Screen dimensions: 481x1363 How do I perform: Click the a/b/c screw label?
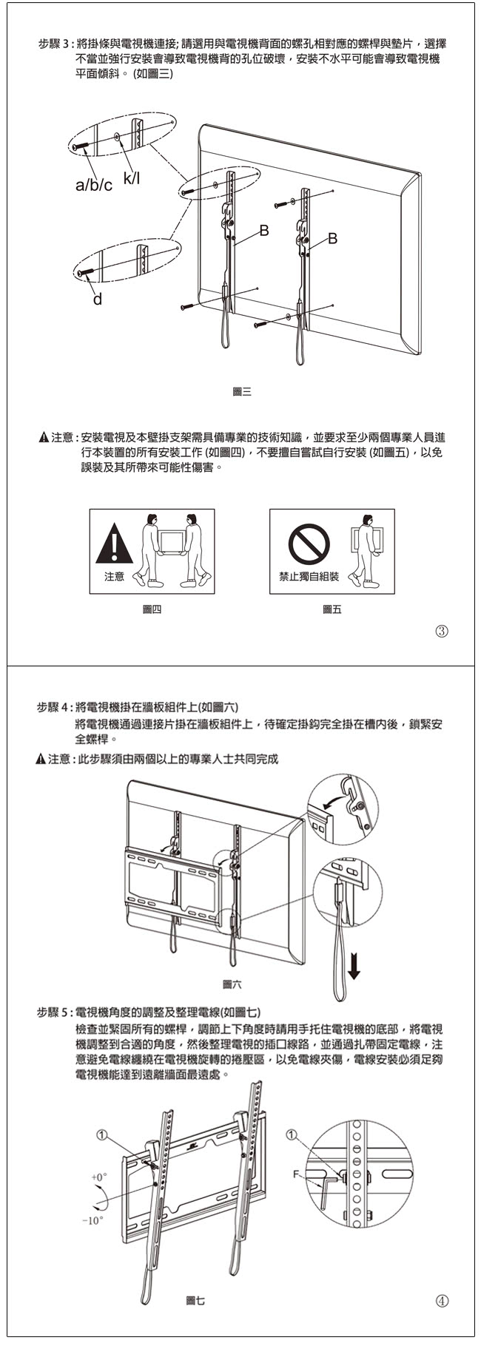coord(93,184)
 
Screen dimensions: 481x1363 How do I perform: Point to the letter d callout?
coord(97,300)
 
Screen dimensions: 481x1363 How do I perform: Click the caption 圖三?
coord(242,392)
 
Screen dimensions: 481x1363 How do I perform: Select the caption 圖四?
coord(152,610)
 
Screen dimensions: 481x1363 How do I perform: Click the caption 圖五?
coord(332,610)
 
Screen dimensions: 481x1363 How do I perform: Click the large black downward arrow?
coord(354,964)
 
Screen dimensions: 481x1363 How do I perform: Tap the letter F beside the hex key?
coord(296,1174)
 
